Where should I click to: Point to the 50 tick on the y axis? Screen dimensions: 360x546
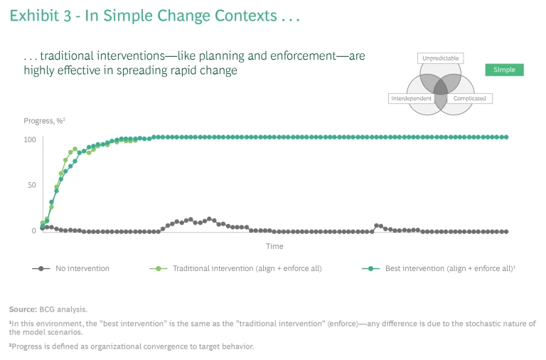pyautogui.click(x=31, y=185)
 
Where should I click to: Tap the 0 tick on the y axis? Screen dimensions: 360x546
pyautogui.click(x=33, y=231)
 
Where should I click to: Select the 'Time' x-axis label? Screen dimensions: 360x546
pyautogui.click(x=274, y=247)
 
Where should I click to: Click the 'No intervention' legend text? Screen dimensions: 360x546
pyautogui.click(x=83, y=269)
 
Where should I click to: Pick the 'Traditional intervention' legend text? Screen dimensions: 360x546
pyautogui.click(x=247, y=269)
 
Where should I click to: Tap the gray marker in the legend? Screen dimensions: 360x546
pyautogui.click(x=42, y=269)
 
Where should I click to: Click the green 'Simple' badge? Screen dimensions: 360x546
pyautogui.click(x=504, y=70)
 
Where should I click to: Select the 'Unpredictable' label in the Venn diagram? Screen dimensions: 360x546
pyautogui.click(x=441, y=58)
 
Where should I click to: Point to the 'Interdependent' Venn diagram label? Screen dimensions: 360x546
pyautogui.click(x=411, y=98)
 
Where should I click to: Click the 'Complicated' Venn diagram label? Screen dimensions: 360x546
pyautogui.click(x=470, y=98)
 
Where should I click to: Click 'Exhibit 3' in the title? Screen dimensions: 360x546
pyautogui.click(x=41, y=16)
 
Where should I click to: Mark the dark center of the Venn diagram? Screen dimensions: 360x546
pyautogui.click(x=441, y=88)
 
